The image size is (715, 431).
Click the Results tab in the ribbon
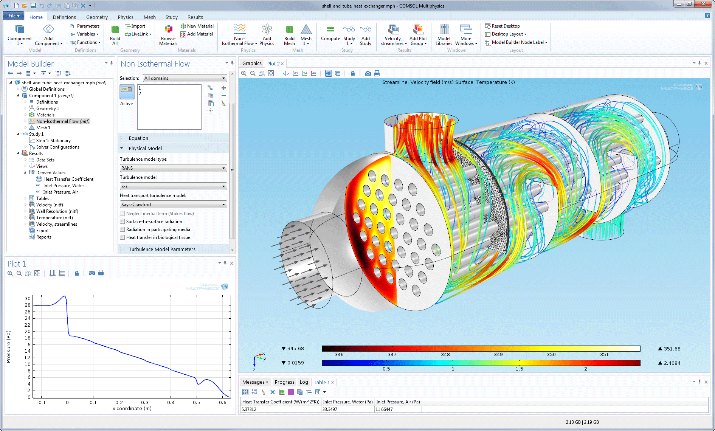click(x=195, y=17)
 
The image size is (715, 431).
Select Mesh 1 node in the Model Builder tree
click(x=43, y=128)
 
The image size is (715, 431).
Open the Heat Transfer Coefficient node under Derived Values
click(x=68, y=179)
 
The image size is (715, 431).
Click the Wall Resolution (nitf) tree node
click(x=57, y=211)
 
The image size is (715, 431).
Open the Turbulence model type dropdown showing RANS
click(x=173, y=168)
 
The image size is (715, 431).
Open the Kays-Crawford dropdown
click(x=173, y=205)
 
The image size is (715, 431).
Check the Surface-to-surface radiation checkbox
click(x=123, y=222)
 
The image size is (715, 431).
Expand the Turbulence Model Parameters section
click(x=162, y=249)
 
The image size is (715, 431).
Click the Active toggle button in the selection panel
click(x=127, y=92)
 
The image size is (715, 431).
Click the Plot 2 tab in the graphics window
click(x=273, y=64)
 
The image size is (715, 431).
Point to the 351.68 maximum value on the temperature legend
click(x=672, y=349)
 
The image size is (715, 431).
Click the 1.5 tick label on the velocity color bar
click(x=519, y=369)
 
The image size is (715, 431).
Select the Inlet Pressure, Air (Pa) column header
click(x=398, y=402)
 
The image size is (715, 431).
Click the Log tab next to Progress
click(x=304, y=382)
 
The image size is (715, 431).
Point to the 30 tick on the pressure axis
click(x=28, y=299)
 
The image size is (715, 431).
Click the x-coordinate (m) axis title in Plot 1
click(x=132, y=408)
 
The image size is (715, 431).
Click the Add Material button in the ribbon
click(x=200, y=34)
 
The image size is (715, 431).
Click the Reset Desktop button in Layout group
click(x=506, y=26)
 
